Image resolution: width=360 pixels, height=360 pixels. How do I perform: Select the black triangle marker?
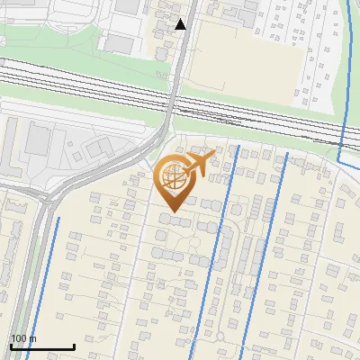click(x=181, y=24)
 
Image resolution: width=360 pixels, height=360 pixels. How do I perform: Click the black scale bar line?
click(x=42, y=346)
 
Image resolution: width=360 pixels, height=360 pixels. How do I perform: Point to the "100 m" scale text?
click(x=23, y=338)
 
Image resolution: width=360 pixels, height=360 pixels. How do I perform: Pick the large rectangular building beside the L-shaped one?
click(x=38, y=139)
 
